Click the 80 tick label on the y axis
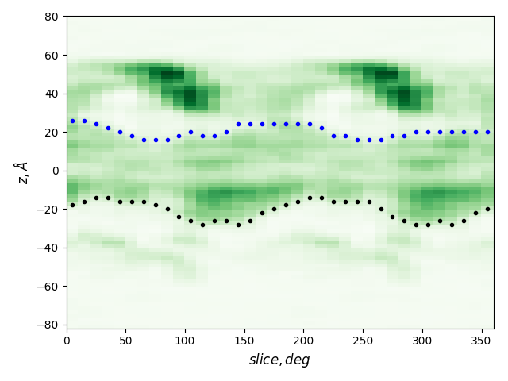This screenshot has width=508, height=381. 52,17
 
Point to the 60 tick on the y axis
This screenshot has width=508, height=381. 52,55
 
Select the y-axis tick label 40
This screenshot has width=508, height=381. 52,94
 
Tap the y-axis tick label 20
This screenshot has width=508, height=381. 52,132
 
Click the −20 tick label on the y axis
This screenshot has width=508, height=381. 49,209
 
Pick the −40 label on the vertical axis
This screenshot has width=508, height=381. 49,248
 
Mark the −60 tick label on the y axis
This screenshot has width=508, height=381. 49,286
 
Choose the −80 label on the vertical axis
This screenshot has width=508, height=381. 49,325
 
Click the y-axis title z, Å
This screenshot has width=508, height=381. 22,172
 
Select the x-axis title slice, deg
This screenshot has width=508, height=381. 279,360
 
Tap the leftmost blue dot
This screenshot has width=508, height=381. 72,121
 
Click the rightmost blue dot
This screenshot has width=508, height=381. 487,132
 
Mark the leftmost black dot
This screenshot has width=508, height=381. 72,205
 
